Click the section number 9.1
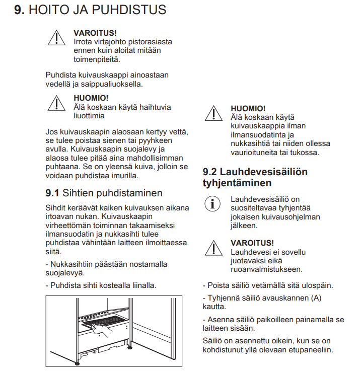tap(52, 193)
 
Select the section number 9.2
tap(210, 172)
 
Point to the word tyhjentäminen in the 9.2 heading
tap(237, 183)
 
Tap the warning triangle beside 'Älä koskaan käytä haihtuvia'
tap(57, 102)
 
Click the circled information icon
tap(213, 203)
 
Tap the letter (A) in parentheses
tap(316, 297)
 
